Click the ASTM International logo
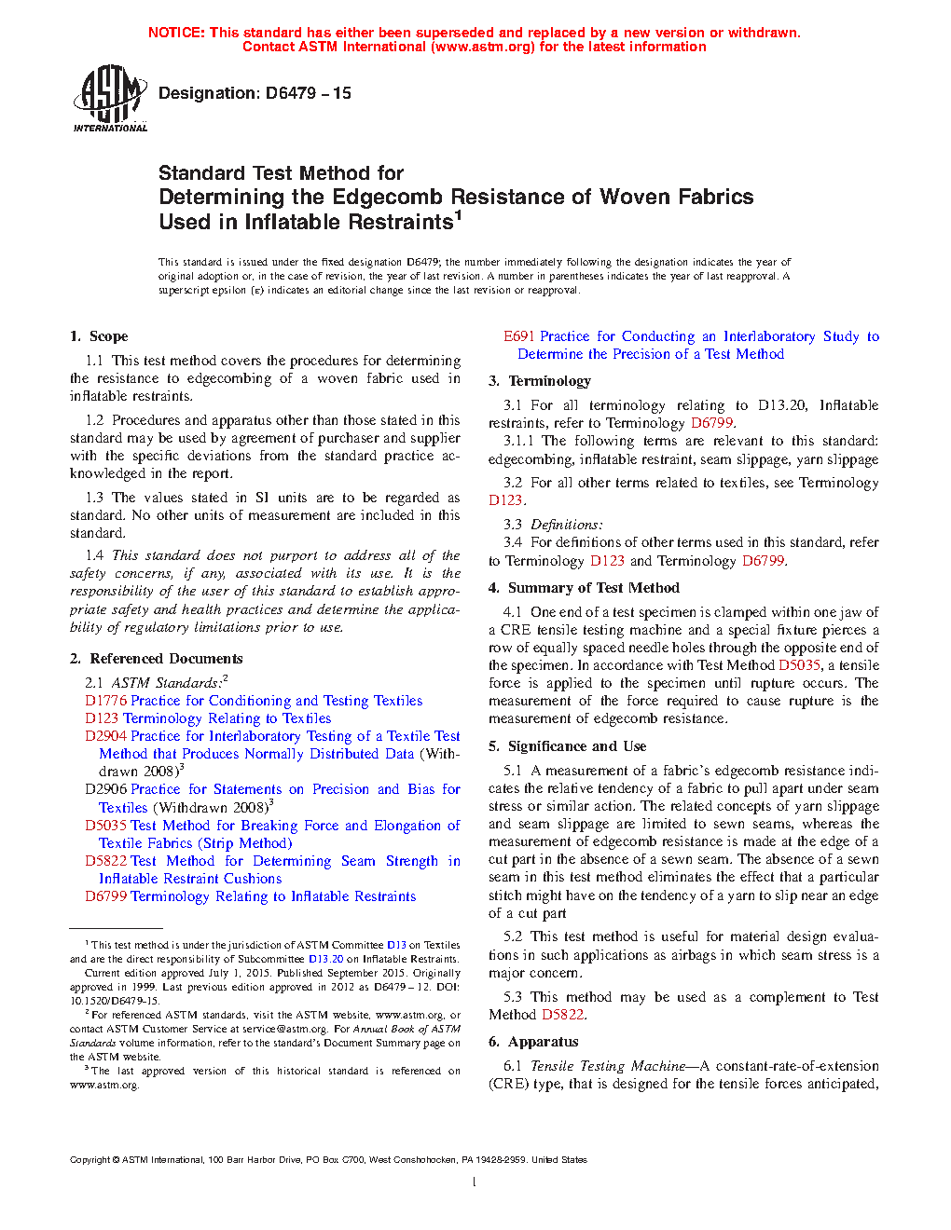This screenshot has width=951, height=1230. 109,99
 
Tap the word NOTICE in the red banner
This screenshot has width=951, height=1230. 176,33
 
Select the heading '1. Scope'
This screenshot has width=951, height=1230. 99,336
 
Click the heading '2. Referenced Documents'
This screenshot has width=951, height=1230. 156,659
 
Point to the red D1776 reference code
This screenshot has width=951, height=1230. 105,701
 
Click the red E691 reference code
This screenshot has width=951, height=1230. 519,336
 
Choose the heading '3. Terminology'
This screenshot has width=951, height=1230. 540,381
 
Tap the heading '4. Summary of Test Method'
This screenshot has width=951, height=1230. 584,588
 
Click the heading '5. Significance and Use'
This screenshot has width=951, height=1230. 567,746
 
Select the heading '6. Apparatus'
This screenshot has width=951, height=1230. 533,1042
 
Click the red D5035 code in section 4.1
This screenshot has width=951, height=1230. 799,665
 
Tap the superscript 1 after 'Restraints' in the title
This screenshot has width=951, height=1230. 458,216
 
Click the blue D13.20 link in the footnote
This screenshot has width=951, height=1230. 325,959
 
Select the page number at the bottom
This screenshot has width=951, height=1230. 475,1182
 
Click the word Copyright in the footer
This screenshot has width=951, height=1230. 90,1160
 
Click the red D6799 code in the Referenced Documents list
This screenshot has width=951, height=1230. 105,896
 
